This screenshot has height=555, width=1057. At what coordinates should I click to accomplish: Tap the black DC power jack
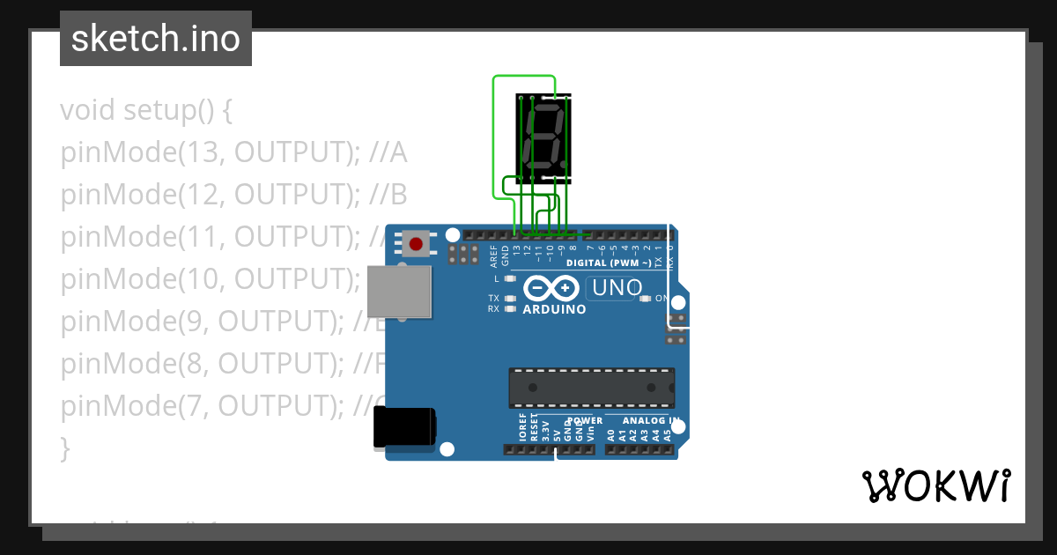point(404,427)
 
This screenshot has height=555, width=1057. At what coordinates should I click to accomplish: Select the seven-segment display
point(543,138)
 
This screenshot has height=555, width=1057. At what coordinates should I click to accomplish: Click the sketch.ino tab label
point(156,39)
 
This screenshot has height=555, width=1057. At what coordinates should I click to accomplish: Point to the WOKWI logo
point(935,485)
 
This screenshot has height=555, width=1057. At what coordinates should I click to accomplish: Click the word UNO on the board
point(617,287)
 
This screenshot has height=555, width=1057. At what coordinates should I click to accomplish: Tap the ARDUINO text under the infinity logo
point(554,309)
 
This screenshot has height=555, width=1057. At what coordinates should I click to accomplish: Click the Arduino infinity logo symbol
point(551,288)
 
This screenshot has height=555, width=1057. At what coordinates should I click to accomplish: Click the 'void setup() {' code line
point(146,111)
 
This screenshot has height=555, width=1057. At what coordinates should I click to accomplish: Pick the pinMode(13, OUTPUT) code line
point(233,153)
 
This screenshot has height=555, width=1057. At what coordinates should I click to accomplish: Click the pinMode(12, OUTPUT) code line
point(233,195)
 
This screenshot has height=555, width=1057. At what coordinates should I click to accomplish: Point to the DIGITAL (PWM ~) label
point(609,263)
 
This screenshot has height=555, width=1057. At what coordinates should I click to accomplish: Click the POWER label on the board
point(585,421)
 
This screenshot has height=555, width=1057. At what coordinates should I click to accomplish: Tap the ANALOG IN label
point(651,421)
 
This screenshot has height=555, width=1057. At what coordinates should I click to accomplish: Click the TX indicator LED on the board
point(509,299)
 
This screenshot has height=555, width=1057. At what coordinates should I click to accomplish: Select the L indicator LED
point(509,278)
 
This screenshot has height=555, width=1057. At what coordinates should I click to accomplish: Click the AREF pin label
point(494,255)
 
